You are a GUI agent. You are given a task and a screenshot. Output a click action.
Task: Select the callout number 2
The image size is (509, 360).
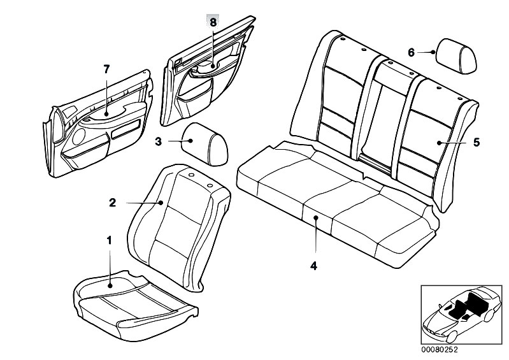click(x=112, y=203)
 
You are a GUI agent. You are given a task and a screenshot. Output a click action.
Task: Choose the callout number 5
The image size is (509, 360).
click(x=475, y=143)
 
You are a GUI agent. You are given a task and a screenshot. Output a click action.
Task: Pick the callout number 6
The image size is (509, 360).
click(x=411, y=52)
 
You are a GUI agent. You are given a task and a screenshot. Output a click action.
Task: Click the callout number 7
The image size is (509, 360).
click(x=106, y=68)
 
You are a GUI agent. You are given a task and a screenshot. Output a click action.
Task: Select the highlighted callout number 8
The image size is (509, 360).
click(x=213, y=22)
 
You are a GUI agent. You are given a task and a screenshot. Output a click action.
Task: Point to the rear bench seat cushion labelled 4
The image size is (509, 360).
click(x=331, y=204)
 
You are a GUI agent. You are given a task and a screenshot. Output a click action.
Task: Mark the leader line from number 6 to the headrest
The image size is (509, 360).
click(x=423, y=52)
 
